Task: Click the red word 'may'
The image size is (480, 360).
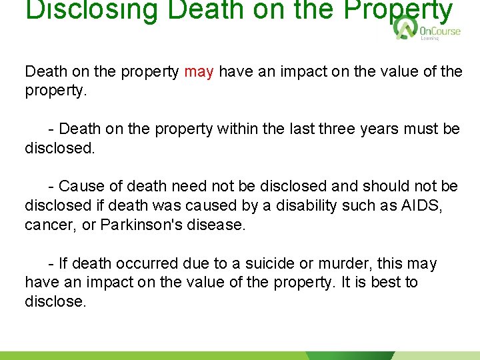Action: click(x=199, y=72)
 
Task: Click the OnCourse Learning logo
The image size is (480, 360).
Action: click(x=427, y=29)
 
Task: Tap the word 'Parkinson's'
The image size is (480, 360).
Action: click(x=141, y=225)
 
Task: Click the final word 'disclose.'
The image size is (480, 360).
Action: click(x=55, y=301)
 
